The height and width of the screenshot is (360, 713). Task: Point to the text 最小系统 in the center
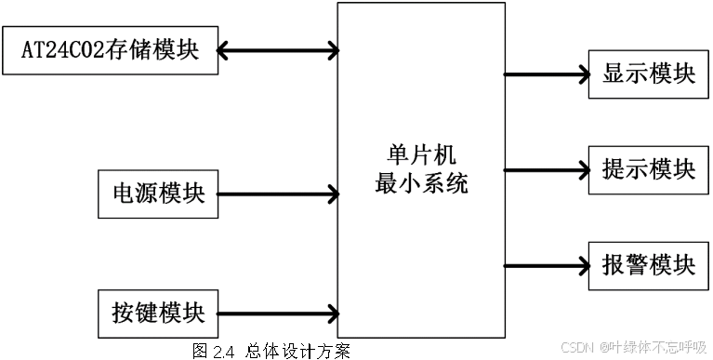coord(421,183)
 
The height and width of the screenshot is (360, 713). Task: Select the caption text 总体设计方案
coord(297,351)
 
